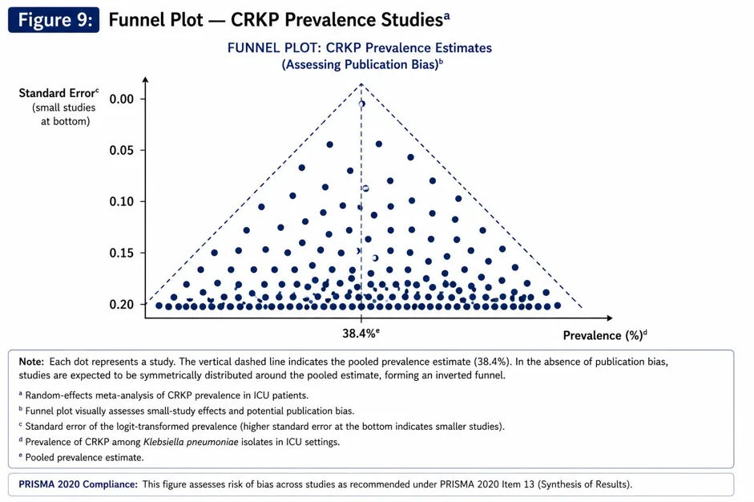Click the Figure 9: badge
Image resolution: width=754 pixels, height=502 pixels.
point(54,20)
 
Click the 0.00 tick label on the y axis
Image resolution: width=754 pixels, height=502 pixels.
point(121,99)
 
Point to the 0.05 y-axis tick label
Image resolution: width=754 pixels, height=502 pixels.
point(121,150)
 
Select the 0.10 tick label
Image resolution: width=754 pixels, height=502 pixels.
point(121,201)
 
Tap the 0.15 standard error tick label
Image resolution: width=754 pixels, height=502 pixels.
point(121,253)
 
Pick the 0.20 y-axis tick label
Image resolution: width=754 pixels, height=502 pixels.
point(121,304)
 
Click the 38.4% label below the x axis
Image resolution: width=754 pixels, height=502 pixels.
point(361,333)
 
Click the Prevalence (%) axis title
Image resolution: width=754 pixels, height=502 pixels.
point(605,335)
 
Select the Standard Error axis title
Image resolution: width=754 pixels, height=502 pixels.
point(58,92)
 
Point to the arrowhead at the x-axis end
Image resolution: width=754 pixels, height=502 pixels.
point(610,318)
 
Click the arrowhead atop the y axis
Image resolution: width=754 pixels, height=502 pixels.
point(145,80)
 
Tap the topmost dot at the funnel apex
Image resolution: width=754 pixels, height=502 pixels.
point(361,103)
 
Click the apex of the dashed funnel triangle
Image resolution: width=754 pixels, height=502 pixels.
point(361,84)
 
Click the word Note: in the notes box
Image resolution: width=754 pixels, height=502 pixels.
point(31,362)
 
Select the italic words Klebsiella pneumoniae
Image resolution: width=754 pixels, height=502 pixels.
point(191,442)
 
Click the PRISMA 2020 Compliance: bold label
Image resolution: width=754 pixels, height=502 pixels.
point(78,484)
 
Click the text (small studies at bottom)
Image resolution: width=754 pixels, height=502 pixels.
point(64,115)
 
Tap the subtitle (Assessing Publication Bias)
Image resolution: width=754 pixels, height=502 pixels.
point(362,64)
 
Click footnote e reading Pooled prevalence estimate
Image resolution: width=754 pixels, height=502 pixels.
point(81,457)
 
